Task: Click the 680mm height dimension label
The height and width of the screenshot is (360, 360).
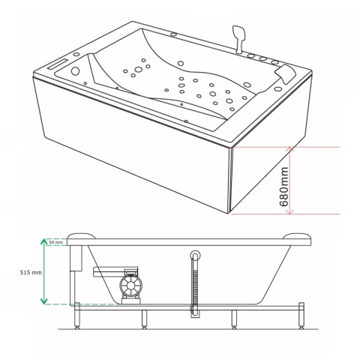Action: [283, 187]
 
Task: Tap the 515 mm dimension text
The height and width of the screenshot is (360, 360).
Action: [31, 272]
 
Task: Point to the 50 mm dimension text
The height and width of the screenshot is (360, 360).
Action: [55, 242]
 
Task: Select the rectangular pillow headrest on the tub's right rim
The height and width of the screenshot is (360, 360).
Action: [285, 72]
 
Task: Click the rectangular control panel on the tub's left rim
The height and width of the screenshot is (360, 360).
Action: [58, 64]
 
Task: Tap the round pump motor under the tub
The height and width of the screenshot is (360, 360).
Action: [130, 286]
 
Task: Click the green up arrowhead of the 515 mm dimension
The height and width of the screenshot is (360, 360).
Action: [43, 241]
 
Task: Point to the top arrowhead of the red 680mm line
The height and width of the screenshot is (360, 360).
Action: [289, 149]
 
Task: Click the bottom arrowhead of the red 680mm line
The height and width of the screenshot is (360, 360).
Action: [289, 211]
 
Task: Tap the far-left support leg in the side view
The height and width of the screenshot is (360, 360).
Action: [77, 316]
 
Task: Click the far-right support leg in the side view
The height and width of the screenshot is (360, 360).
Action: [301, 316]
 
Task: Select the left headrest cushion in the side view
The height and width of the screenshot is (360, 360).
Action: [81, 236]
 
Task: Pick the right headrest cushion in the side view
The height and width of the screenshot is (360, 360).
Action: [298, 236]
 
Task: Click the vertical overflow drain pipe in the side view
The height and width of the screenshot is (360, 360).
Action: [195, 283]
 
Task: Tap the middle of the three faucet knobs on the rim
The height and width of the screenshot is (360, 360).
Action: [262, 59]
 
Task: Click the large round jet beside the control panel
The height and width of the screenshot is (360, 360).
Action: [75, 71]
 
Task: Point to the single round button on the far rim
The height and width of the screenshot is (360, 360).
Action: [173, 34]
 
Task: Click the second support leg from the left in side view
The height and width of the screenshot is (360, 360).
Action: [144, 319]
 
